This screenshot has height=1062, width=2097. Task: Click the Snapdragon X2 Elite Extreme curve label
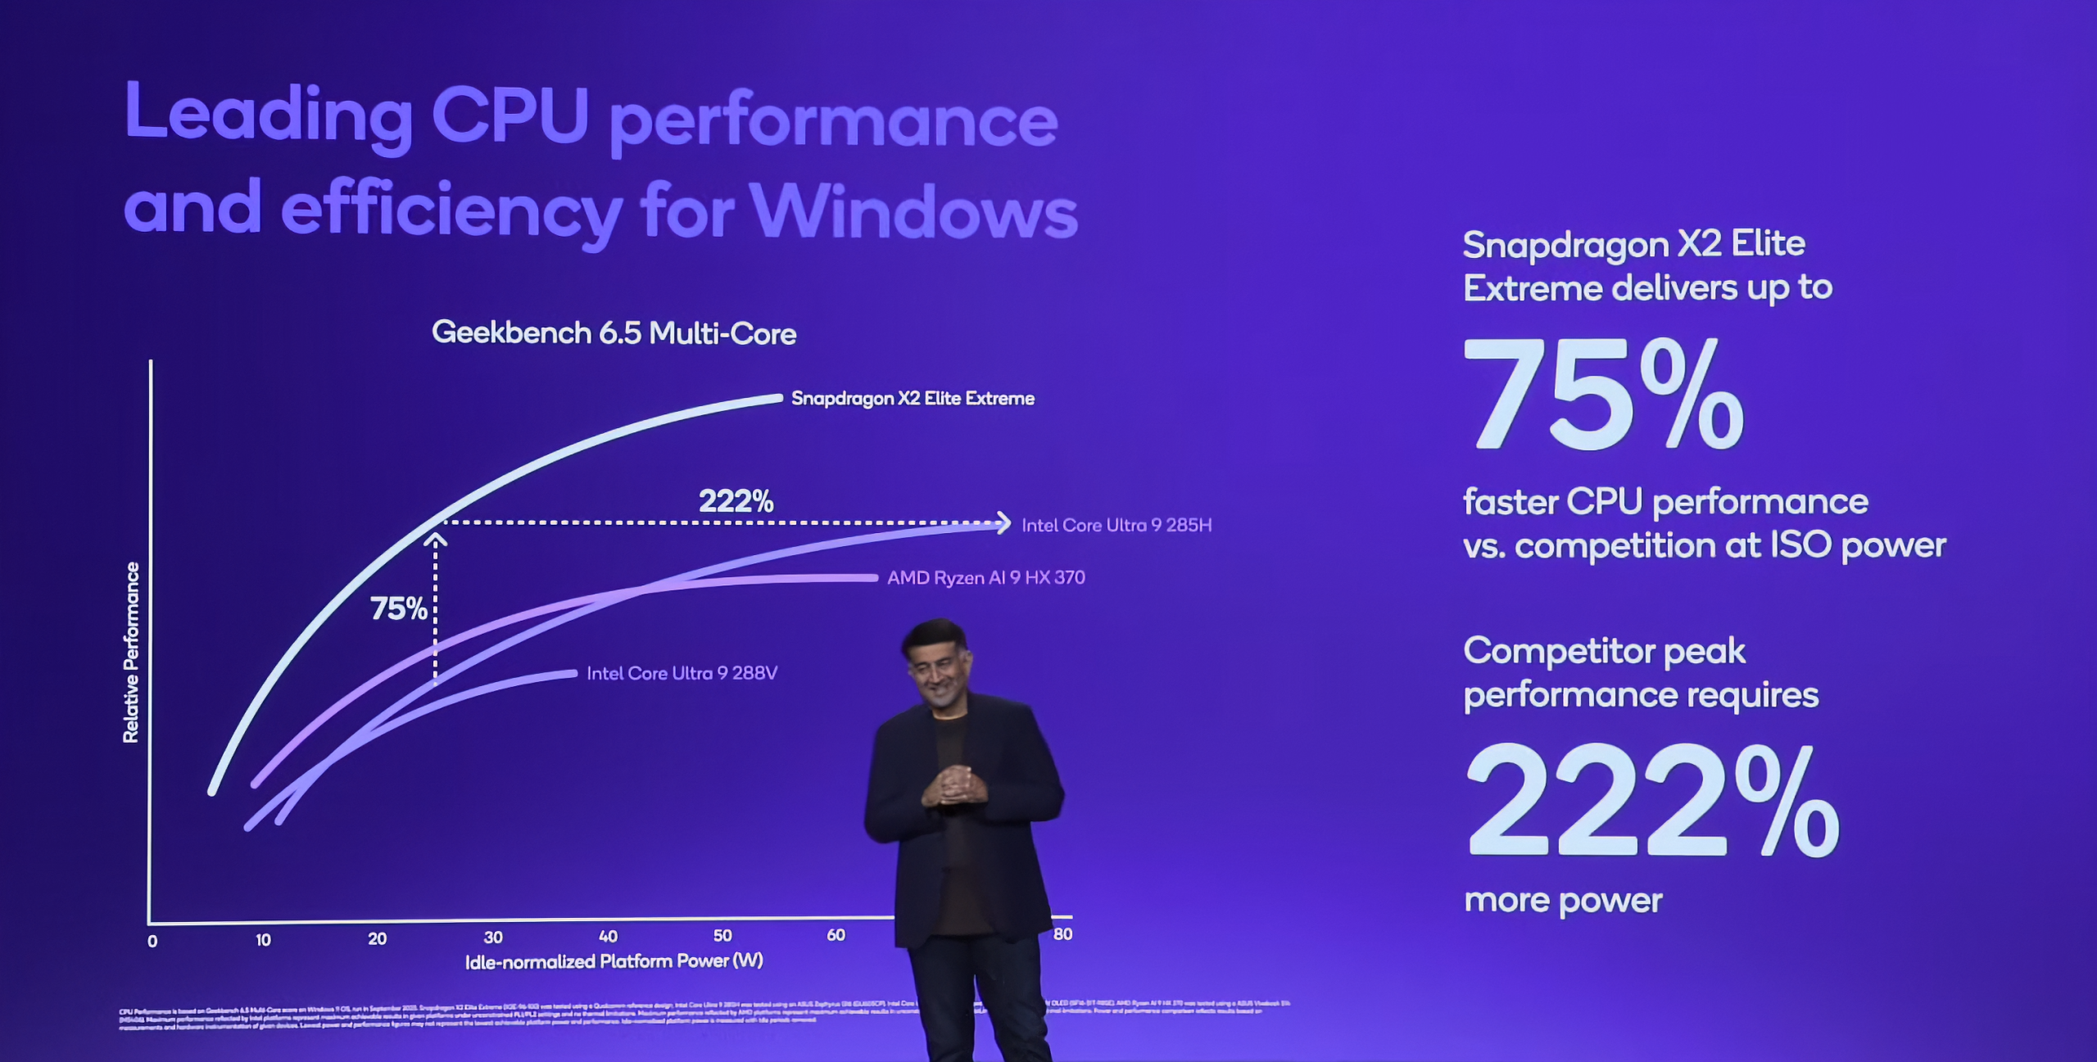click(x=913, y=399)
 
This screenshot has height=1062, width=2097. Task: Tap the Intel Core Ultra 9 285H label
click(x=1116, y=526)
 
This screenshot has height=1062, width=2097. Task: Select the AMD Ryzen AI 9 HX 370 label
click(x=986, y=578)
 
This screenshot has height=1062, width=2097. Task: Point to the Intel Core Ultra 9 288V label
click(x=682, y=673)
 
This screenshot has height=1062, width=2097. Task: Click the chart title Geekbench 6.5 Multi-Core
click(x=614, y=333)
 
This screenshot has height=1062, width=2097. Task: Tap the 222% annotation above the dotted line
click(x=736, y=501)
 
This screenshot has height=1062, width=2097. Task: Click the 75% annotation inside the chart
click(x=398, y=608)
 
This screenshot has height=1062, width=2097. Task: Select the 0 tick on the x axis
click(x=152, y=942)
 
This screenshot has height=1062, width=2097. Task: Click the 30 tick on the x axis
click(x=493, y=938)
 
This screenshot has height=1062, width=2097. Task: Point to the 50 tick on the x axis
click(x=722, y=936)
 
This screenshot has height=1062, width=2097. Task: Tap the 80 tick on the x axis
click(x=1062, y=934)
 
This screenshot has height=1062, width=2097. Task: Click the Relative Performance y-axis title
click(x=131, y=653)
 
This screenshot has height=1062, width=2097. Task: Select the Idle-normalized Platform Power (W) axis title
click(x=614, y=961)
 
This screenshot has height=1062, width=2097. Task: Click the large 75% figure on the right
click(x=1603, y=395)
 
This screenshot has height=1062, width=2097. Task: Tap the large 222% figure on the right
click(x=1651, y=800)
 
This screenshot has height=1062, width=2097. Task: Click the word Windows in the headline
click(x=914, y=211)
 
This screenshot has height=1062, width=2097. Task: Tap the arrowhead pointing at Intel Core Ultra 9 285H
click(x=1004, y=522)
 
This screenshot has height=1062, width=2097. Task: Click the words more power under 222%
click(x=1563, y=901)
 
